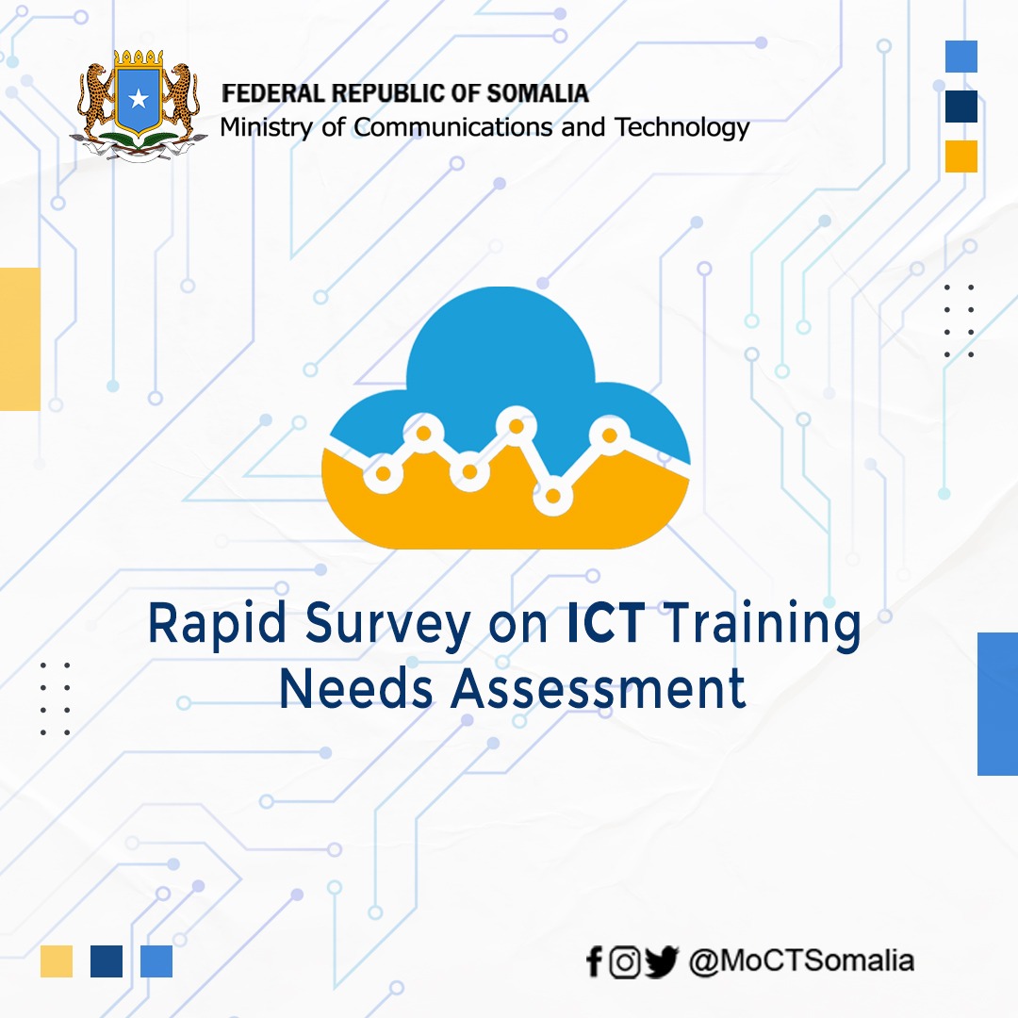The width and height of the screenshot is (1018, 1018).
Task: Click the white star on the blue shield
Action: (140, 97)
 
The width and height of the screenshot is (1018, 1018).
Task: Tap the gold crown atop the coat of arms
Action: (140, 58)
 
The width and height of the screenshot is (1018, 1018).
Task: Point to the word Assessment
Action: (599, 689)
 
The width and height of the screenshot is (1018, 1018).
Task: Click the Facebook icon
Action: (593, 962)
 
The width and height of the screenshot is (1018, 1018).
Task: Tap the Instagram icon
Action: (624, 962)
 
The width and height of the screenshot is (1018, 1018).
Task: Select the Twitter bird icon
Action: (662, 962)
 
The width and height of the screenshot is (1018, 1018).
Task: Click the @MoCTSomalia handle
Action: (801, 961)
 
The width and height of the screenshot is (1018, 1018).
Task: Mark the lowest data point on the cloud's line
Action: (553, 496)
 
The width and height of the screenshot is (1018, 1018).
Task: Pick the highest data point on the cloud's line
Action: (516, 426)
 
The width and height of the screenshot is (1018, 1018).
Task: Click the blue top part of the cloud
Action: (500, 349)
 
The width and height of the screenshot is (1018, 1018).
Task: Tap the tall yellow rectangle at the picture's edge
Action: (20, 338)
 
